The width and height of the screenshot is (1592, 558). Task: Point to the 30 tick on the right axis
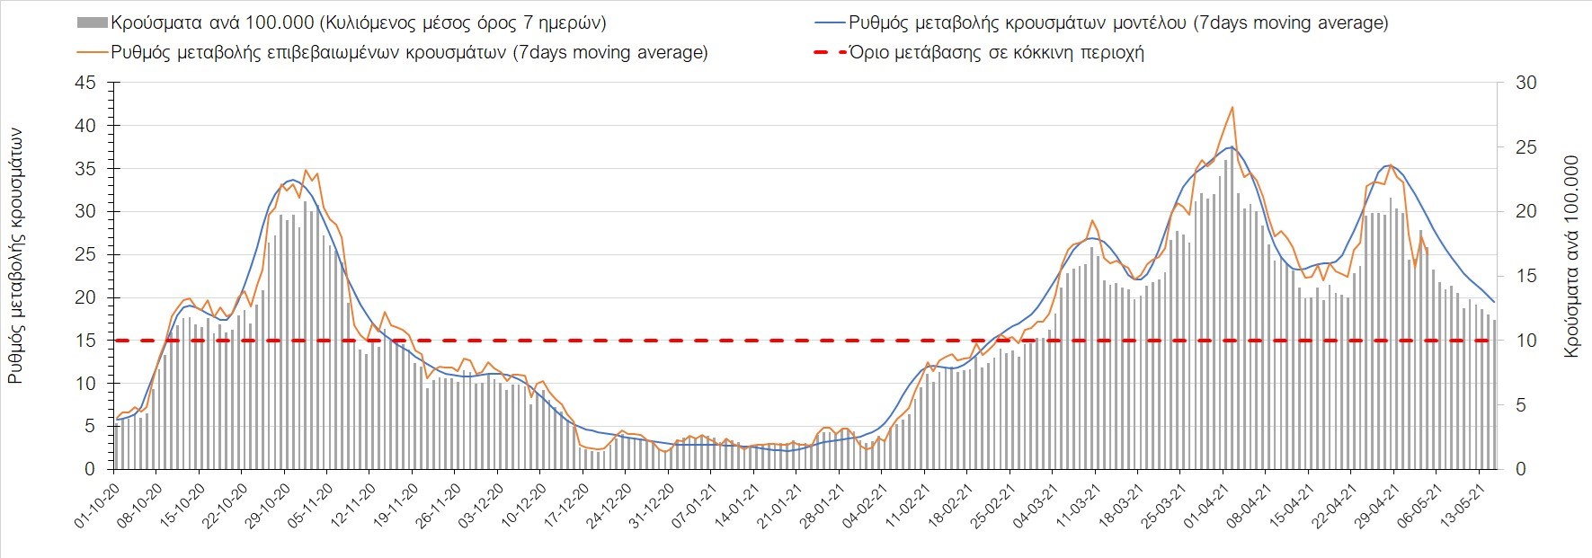pyautogui.click(x=1526, y=83)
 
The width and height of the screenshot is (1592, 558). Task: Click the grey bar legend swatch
pyautogui.click(x=91, y=22)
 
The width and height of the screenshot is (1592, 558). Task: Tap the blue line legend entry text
pyautogui.click(x=1118, y=23)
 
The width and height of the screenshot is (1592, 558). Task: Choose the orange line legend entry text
pyautogui.click(x=409, y=52)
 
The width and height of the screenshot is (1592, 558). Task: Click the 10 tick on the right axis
pyautogui.click(x=1526, y=341)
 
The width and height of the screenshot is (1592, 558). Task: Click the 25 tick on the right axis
pyautogui.click(x=1526, y=147)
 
